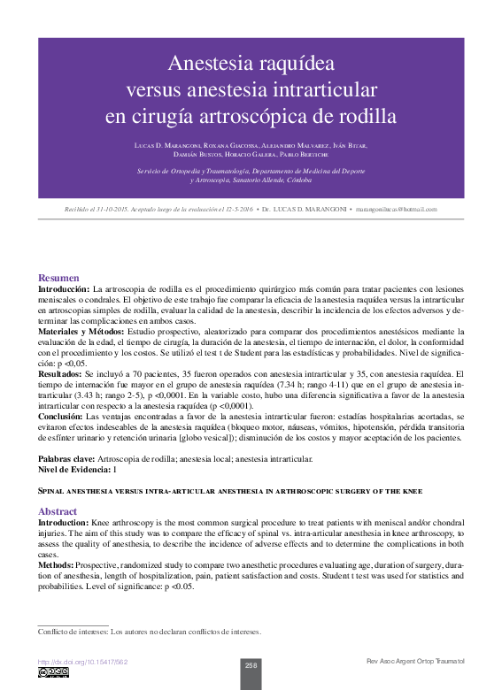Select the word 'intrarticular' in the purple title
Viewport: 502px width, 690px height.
tap(326, 89)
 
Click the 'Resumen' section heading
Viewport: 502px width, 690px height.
tap(58, 278)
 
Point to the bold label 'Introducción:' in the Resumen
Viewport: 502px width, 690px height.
tap(64, 289)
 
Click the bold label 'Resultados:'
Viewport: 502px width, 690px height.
tap(60, 375)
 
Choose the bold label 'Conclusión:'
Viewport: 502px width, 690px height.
tap(60, 416)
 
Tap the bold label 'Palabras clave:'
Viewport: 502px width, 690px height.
tap(66, 459)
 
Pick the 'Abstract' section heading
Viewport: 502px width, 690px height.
tap(58, 511)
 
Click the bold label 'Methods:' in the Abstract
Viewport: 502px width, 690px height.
tap(55, 563)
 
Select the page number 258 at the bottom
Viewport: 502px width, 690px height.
tap(251, 665)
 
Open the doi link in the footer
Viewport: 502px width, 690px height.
tap(82, 662)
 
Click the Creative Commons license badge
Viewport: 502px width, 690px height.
tap(53, 673)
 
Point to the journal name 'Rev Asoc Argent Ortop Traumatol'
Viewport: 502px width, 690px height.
tap(414, 662)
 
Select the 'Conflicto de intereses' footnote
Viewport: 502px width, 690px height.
tap(149, 632)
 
